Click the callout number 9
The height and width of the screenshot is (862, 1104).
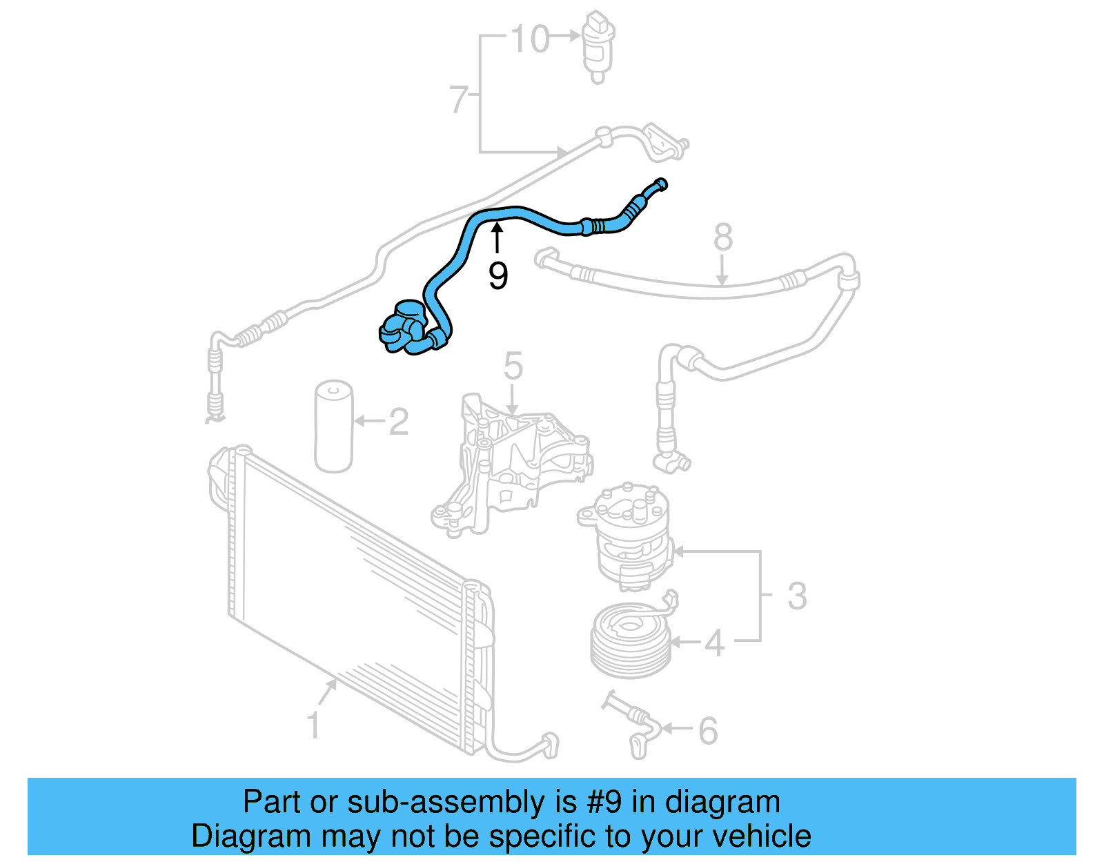click(497, 276)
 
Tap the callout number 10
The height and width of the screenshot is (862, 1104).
click(530, 39)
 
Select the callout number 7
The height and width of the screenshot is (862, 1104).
click(458, 99)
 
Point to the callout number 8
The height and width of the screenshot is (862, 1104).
click(722, 237)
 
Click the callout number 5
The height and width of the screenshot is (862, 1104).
click(513, 366)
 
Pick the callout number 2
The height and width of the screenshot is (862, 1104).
click(398, 421)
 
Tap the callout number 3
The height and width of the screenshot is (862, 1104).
click(796, 596)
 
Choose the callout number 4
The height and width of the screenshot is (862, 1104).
click(714, 643)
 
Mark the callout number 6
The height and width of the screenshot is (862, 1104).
click(708, 731)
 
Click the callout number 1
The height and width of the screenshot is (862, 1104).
click(313, 725)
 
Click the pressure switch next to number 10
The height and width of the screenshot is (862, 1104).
click(598, 45)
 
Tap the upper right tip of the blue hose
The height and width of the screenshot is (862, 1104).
click(660, 184)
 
